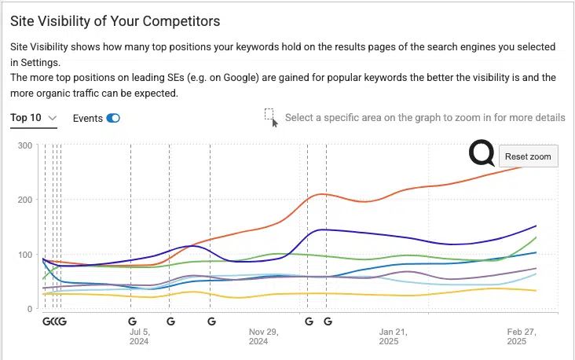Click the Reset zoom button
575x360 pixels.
528,156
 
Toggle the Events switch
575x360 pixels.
113,118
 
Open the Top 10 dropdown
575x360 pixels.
34,118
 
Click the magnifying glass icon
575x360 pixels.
482,153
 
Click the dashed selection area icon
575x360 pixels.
270,116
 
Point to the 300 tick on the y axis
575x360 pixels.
25,145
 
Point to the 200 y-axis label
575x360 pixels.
25,200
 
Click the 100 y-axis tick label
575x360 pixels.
25,255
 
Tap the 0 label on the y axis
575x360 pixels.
29,309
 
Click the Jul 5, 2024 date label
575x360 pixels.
139,336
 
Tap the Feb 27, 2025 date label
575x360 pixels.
521,336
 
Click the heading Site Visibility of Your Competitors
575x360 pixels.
115,20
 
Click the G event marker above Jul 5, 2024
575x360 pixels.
132,321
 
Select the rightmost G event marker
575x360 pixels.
328,321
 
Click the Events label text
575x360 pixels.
87,118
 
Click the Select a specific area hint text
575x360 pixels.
425,117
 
